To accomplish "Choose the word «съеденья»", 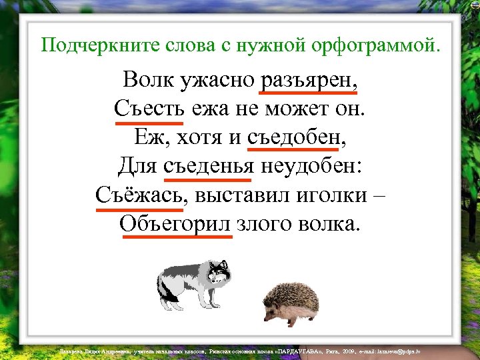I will tap(207, 166).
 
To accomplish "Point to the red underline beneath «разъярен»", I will tap(309, 94).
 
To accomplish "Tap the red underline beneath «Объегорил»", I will tap(176, 236).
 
